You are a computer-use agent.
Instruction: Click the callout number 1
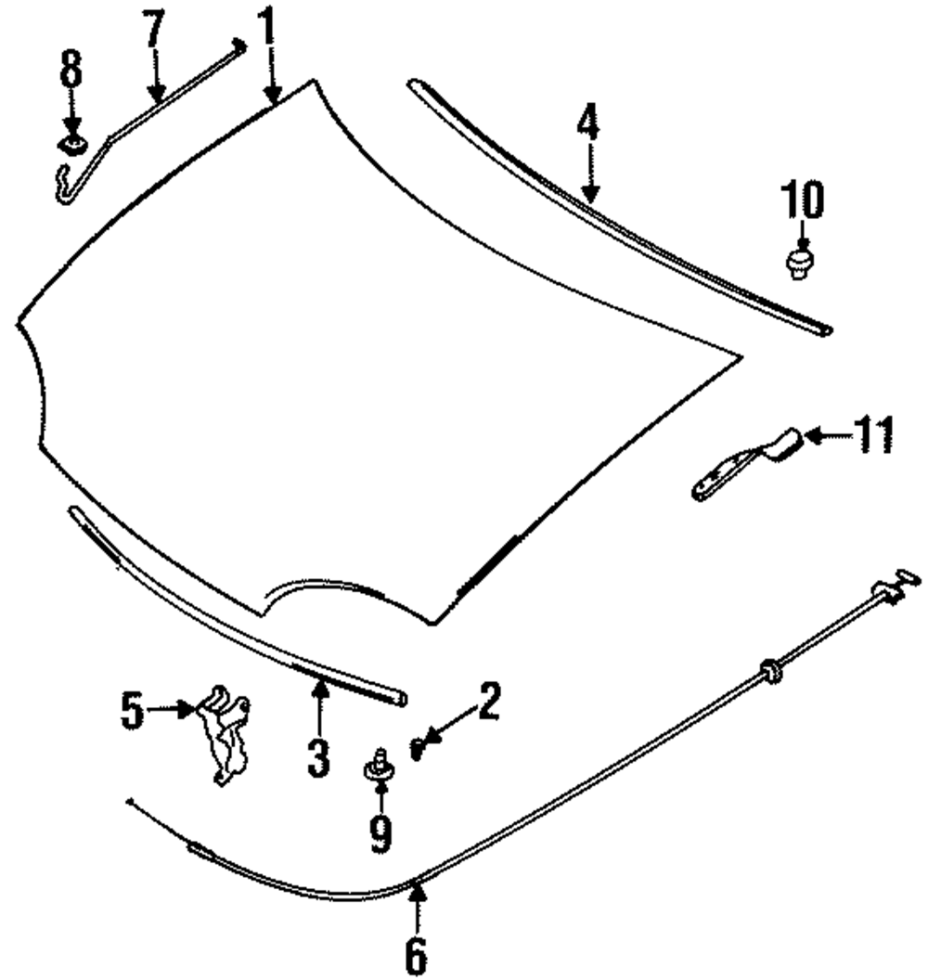(x=267, y=32)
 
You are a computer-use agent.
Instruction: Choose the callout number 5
(x=133, y=712)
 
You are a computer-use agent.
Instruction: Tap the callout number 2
(x=488, y=702)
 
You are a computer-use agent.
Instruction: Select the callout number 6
(x=417, y=952)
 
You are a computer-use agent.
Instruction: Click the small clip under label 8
(x=72, y=143)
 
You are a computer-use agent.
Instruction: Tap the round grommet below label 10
(x=799, y=261)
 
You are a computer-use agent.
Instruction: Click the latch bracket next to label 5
(x=226, y=733)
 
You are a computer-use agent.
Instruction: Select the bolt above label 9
(x=379, y=767)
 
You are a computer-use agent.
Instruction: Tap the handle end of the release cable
(x=896, y=585)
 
